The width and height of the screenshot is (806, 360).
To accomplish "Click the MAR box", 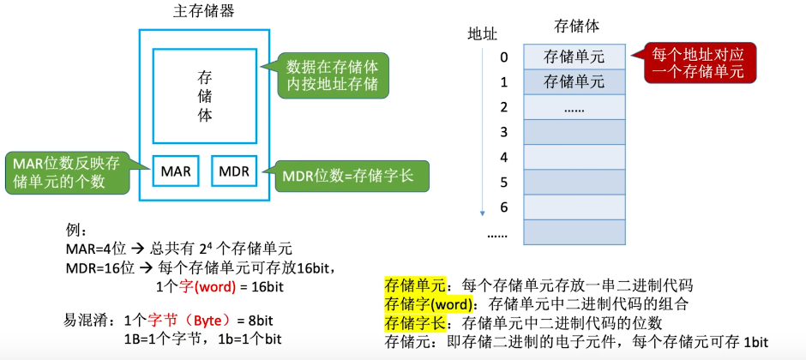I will (x=176, y=171).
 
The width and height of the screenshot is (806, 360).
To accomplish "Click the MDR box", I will (x=234, y=171).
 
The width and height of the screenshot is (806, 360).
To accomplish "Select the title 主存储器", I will (x=204, y=12).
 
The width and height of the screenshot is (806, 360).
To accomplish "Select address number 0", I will (x=504, y=57).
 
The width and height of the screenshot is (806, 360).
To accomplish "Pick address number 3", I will (x=504, y=132).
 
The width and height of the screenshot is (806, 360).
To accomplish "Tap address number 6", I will (x=504, y=207).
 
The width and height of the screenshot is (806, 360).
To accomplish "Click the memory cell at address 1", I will (x=574, y=82).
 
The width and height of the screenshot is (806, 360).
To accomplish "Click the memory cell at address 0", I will (x=574, y=57).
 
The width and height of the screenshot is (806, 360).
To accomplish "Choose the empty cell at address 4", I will (x=574, y=157).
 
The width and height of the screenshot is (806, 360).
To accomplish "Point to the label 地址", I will (x=482, y=34).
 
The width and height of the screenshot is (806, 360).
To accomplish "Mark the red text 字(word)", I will (x=202, y=286).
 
